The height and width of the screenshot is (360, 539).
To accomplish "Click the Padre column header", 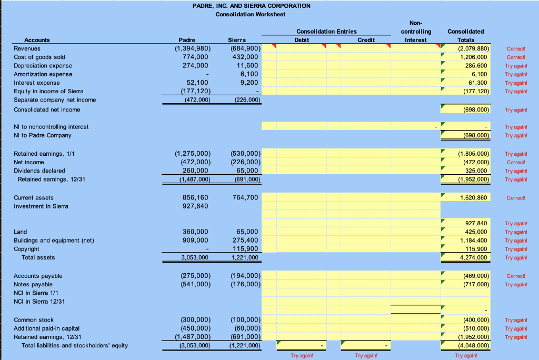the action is pos(187,40).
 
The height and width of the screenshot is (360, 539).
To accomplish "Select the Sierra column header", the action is pos(237,40).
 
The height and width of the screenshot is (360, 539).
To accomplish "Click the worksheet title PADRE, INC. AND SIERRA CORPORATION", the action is pos(251,6).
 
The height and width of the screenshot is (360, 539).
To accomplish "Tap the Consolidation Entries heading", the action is pos(326,31).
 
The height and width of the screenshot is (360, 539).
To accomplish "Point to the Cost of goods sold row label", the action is pos(39,57).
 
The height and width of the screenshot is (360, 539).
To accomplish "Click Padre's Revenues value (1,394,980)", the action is pos(193,48).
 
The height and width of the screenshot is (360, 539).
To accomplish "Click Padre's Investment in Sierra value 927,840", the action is pos(195,206).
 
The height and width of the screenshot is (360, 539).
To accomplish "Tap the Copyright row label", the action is pos(26,249).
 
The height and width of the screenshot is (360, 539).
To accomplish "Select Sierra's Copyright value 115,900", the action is pos(245,249).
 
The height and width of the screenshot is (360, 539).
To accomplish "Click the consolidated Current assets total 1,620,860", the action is pos(473,198).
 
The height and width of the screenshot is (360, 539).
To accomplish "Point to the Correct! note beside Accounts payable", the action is pos(516,276).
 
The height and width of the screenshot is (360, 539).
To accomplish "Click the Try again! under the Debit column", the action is pos(302,356).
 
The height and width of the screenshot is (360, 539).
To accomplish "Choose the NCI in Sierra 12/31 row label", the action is pos(39,302).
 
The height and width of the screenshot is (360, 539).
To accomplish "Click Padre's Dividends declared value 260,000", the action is pos(195,171).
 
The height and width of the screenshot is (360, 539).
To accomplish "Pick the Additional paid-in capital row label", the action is pos(46,328).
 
